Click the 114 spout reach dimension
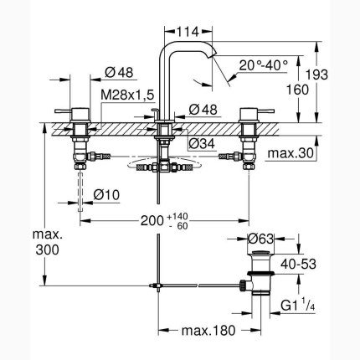pos(189,32)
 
